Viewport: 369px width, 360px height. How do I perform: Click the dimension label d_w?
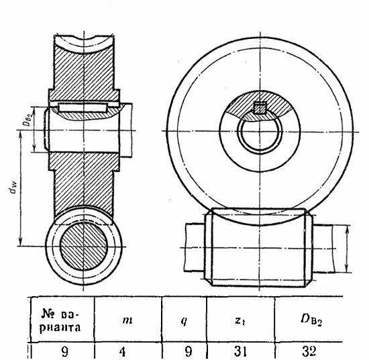[14, 189]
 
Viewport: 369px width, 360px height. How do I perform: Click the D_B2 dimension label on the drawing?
[29, 120]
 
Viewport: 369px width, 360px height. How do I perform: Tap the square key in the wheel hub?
[260, 107]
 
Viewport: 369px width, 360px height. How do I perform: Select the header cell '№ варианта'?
[60, 319]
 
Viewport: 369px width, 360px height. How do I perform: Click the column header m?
[127, 320]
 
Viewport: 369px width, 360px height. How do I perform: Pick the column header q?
[184, 321]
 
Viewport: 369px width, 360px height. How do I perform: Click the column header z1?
[240, 320]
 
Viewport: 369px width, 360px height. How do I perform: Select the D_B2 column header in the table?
[311, 320]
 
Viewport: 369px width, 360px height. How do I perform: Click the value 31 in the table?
[240, 351]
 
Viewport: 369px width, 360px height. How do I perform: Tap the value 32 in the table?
[309, 351]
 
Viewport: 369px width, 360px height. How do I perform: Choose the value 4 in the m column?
[122, 352]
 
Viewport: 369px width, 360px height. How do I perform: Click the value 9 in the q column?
[188, 352]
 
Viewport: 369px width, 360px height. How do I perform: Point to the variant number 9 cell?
[64, 352]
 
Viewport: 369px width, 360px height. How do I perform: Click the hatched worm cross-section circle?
[84, 246]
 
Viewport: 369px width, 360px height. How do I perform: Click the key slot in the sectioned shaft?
[83, 107]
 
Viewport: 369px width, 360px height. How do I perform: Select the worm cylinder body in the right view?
[258, 247]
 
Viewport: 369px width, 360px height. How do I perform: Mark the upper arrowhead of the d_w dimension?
[21, 135]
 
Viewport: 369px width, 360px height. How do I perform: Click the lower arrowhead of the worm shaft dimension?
[347, 269]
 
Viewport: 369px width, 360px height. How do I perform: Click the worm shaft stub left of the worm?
[195, 247]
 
